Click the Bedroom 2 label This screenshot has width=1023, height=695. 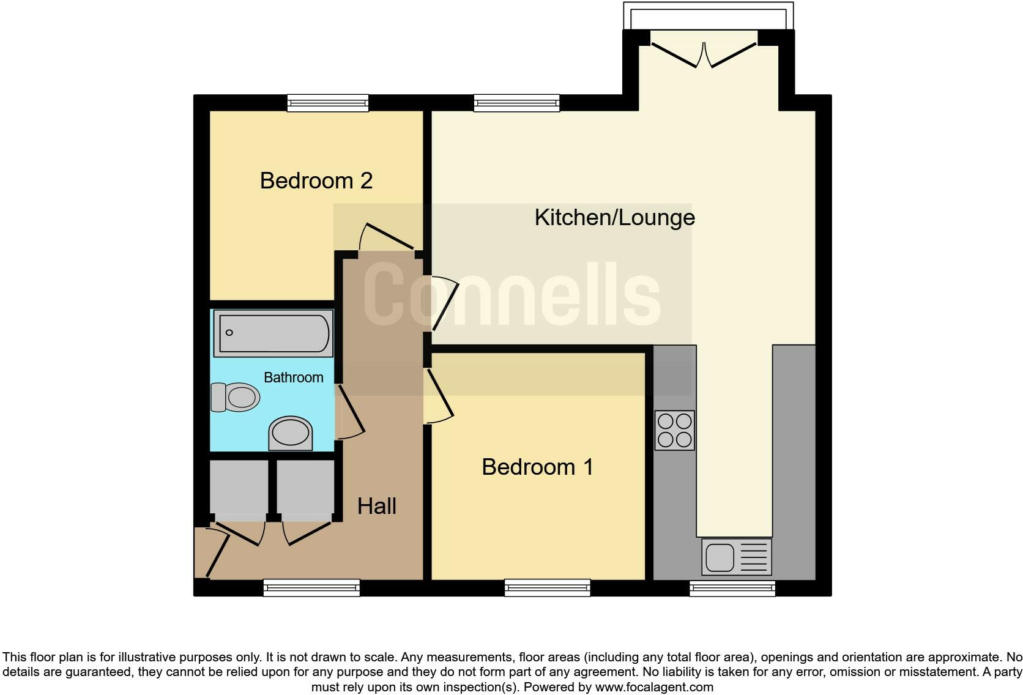pyautogui.click(x=316, y=180)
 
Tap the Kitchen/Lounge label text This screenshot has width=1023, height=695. pyautogui.click(x=614, y=217)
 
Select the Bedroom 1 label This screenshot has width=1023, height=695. pyautogui.click(x=537, y=467)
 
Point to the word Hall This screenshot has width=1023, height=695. pyautogui.click(x=376, y=506)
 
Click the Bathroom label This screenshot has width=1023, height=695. pyautogui.click(x=293, y=377)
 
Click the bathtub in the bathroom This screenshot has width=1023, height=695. pyautogui.click(x=273, y=333)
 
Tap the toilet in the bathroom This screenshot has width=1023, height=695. pyautogui.click(x=235, y=397)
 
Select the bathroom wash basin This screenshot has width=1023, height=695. pyautogui.click(x=290, y=433)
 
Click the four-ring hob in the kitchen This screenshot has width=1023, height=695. pyautogui.click(x=674, y=430)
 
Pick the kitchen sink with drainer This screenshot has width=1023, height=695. pyautogui.click(x=736, y=557)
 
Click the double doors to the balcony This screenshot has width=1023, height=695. pyautogui.click(x=704, y=54)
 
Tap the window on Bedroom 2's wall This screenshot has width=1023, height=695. pyautogui.click(x=328, y=103)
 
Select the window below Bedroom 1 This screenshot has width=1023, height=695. pyautogui.click(x=547, y=588)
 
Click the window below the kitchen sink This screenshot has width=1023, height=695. pyautogui.click(x=732, y=589)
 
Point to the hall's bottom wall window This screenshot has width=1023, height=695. pyautogui.click(x=311, y=588)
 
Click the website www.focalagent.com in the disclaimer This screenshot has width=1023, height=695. pyautogui.click(x=654, y=687)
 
